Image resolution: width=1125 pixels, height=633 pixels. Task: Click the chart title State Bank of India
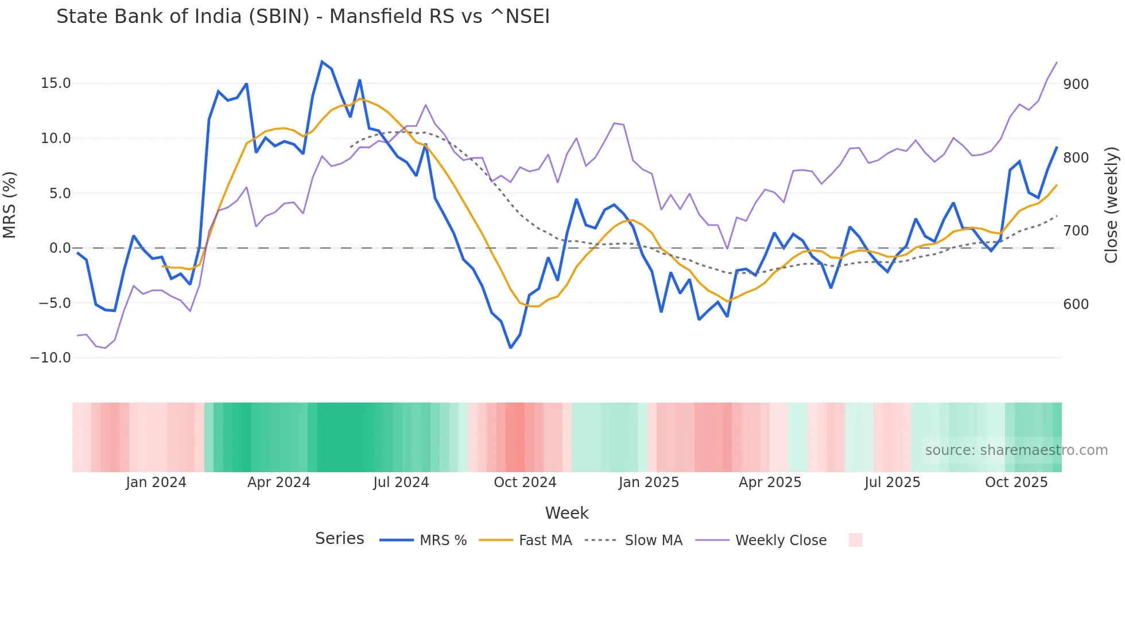302,17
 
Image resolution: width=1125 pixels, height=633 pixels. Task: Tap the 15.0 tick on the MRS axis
56,83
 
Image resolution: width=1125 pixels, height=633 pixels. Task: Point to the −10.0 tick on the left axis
51,358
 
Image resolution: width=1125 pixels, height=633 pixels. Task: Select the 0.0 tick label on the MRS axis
60,248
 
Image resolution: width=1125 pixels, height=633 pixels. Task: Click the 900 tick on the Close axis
1076,84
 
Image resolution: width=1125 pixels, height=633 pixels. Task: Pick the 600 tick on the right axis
1076,304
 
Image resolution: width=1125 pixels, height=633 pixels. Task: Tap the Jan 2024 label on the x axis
156,483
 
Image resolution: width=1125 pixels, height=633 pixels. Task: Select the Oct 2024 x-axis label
525,483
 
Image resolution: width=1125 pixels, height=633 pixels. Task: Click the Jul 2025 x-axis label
892,483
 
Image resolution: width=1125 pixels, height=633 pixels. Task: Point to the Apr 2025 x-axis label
770,483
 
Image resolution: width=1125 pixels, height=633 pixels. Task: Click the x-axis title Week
567,513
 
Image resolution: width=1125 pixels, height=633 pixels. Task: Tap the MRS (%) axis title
9,204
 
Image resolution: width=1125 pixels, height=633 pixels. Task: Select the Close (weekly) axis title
1111,204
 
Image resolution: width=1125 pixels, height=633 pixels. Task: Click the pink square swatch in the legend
855,540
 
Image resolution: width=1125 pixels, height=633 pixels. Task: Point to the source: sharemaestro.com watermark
1016,450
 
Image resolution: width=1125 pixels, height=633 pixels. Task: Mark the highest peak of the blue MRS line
322,61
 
